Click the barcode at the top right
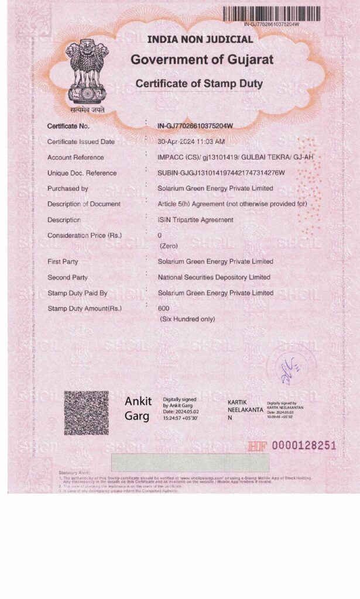272,14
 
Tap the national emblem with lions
85,71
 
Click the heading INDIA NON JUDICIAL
200,40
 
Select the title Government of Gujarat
202,60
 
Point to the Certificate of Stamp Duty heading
199,84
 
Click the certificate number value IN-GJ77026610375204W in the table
196,126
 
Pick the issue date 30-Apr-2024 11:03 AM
191,142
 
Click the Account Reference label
76,157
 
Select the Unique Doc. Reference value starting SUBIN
221,173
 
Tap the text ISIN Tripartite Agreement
196,220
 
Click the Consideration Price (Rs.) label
84,235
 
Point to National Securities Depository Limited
214,277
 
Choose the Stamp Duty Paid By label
77,293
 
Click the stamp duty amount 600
163,308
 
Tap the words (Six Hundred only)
187,319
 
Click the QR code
86,413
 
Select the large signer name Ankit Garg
138,408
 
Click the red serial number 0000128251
304,446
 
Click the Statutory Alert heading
74,473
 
